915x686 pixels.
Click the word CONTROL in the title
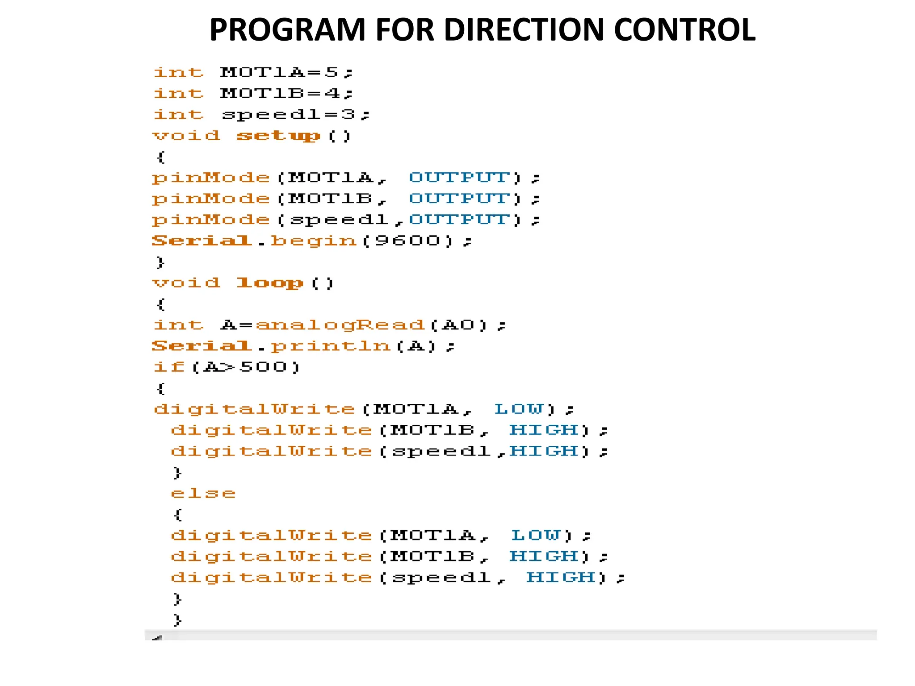click(684, 30)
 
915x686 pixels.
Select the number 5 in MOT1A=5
click(332, 72)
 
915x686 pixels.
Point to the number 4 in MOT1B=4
click(332, 93)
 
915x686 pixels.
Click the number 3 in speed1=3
click(348, 115)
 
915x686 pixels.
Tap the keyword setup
click(278, 136)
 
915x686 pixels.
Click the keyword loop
click(269, 283)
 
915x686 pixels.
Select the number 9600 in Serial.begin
click(407, 241)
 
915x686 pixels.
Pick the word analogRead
click(340, 325)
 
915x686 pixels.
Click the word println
click(331, 346)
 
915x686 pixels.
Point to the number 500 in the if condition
click(263, 367)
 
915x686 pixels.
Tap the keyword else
click(203, 494)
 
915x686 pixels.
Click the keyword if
click(169, 367)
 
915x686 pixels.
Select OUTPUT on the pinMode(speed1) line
click(459, 220)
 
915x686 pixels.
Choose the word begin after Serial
click(314, 241)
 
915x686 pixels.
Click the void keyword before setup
click(186, 136)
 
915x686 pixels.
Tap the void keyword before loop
click(186, 283)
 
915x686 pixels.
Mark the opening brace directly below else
click(177, 515)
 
